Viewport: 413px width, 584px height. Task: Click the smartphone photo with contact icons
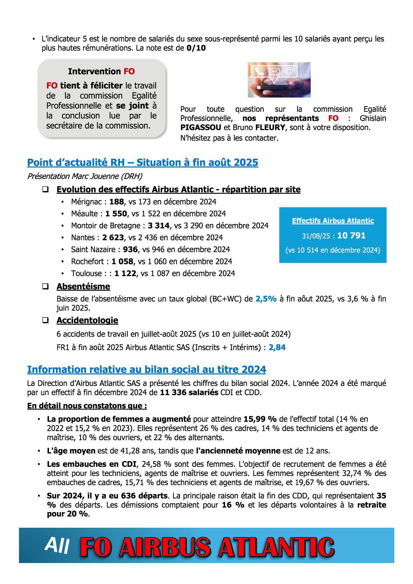coord(279,80)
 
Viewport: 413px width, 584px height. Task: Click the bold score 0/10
coord(196,48)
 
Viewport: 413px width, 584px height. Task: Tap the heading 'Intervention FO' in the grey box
coord(101,71)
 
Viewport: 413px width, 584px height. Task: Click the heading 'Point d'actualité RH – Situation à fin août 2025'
coord(143,162)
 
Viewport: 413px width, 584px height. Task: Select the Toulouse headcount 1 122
coord(125,274)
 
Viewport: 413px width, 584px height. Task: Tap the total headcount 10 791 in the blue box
coord(351,236)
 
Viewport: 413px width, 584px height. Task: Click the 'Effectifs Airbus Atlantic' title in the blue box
coord(333,221)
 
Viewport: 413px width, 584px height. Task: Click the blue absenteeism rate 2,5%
coord(266,299)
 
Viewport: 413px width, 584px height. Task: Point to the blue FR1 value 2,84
coord(277,348)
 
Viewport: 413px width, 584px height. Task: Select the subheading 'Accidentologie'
coord(87,320)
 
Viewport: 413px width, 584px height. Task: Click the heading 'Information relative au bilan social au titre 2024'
coord(147,370)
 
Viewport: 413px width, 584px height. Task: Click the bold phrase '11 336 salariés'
coord(189,393)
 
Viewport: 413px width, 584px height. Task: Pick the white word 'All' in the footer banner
coord(57,545)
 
